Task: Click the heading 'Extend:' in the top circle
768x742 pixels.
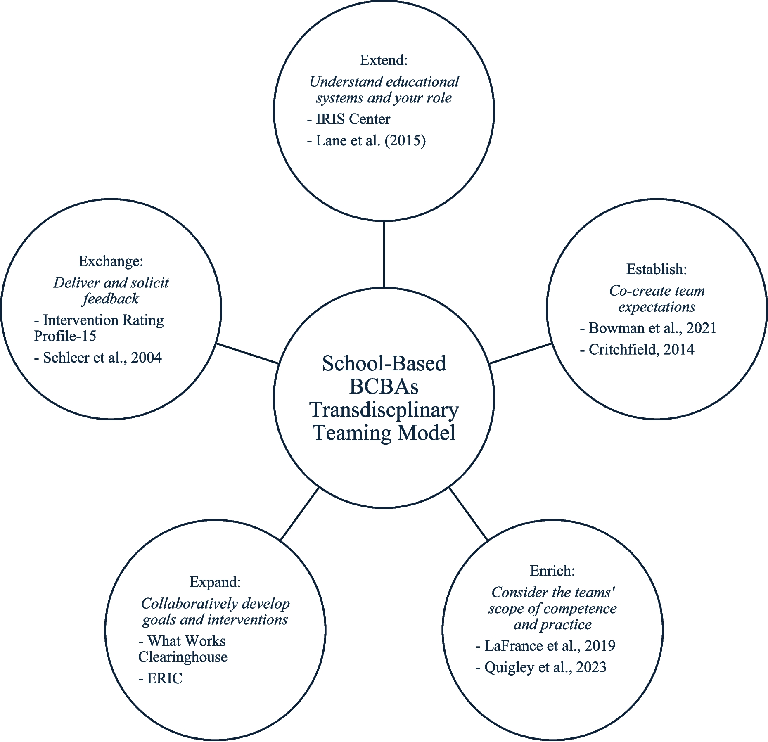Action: [384, 60]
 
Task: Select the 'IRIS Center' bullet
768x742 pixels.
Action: [352, 119]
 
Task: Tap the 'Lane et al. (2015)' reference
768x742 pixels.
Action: [370, 141]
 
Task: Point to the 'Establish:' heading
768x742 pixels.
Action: [657, 269]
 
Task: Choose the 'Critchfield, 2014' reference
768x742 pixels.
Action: [641, 350]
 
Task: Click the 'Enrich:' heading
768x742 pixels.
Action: [552, 571]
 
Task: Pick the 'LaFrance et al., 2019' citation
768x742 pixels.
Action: [549, 646]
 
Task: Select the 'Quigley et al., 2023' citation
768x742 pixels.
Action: [545, 667]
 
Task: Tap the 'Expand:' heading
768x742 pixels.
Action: [215, 582]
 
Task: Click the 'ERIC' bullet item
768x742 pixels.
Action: [164, 678]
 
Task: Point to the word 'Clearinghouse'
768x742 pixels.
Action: [183, 657]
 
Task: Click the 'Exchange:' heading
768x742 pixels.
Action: [111, 261]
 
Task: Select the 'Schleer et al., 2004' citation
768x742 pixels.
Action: [102, 358]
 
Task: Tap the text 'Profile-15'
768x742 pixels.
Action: [65, 336]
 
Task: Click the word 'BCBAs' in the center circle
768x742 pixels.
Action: [384, 387]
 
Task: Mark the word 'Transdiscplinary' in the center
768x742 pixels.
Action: [384, 410]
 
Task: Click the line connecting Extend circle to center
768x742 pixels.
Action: [384, 254]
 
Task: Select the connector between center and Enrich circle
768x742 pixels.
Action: [468, 514]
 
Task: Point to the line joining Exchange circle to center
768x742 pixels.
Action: [247, 353]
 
